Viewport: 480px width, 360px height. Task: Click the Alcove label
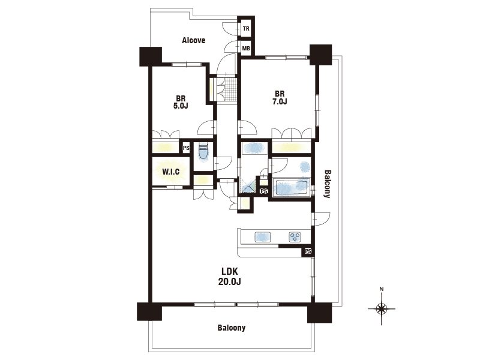(193, 40)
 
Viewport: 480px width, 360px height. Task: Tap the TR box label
(246, 29)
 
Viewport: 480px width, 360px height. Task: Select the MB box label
(246, 49)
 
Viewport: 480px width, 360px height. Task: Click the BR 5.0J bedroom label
(181, 102)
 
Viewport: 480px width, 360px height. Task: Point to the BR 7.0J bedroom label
(279, 98)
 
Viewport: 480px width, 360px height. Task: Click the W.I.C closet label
(171, 172)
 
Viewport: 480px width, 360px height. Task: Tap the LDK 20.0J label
(230, 277)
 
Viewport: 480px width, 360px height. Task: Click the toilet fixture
(203, 152)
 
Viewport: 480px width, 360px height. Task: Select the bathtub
(292, 188)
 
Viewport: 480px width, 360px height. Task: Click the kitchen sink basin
(262, 236)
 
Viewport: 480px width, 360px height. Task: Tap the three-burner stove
(295, 236)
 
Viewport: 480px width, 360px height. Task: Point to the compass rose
(382, 308)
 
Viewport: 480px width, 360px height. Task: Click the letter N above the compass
(382, 289)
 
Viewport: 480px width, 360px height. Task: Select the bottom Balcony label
(232, 328)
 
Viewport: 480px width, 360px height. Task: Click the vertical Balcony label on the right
(327, 184)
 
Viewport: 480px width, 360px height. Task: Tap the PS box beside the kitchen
(308, 251)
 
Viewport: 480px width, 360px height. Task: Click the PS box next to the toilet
(186, 148)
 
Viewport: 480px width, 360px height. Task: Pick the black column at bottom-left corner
(149, 311)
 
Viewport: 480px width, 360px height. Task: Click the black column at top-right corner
(321, 55)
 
